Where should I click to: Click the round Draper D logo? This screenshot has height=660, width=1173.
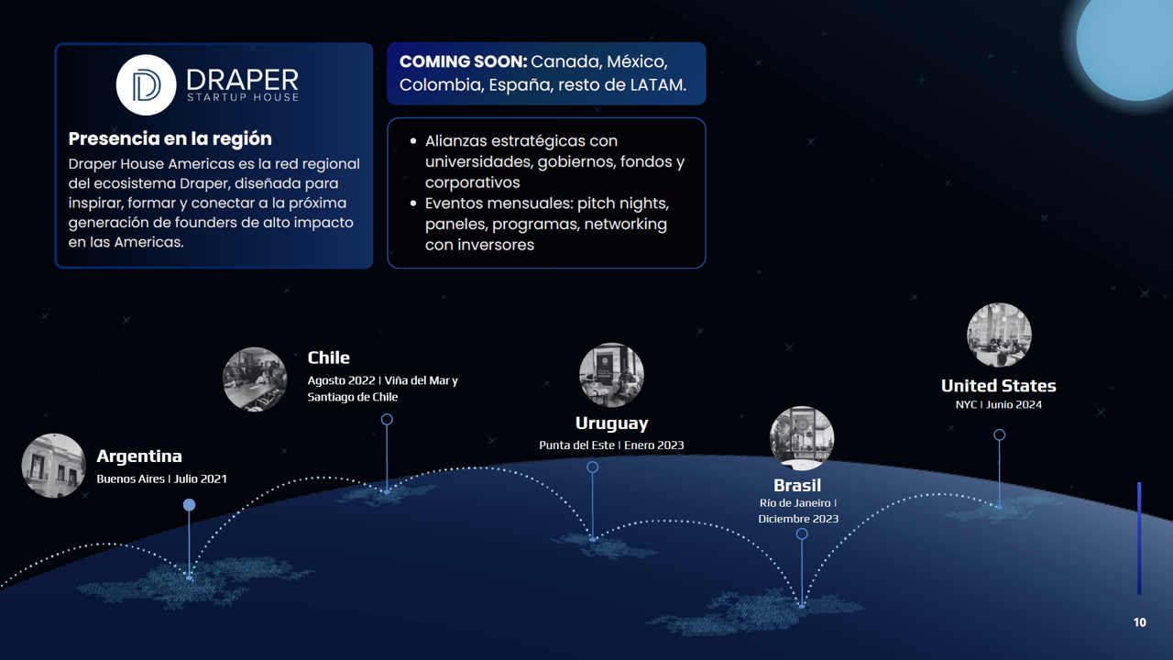coord(146,85)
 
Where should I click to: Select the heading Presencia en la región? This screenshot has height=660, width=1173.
coord(170,138)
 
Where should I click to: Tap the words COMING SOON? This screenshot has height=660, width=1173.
coord(463,61)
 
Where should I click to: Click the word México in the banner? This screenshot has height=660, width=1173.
coord(637,61)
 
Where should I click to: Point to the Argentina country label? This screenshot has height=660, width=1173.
coord(139,456)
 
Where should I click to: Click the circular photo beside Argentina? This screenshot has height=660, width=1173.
coord(53,465)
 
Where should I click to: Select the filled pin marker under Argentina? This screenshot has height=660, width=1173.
coord(189,504)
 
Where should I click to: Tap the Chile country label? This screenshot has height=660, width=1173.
coord(328,357)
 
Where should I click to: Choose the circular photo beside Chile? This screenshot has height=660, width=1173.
coord(255,379)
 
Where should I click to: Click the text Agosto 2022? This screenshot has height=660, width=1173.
coord(341,380)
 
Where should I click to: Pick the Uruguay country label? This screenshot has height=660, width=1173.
coord(611,423)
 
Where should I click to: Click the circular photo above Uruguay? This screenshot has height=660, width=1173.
coord(611,375)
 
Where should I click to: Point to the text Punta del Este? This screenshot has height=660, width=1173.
coord(576,445)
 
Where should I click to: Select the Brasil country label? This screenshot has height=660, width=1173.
coord(797,486)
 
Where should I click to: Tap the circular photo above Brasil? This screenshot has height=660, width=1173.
coord(802,438)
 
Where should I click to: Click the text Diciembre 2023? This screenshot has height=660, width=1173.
coord(798,519)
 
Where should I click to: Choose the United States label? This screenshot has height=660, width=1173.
coord(999,386)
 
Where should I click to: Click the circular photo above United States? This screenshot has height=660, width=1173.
coord(999,335)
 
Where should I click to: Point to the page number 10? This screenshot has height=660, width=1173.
coord(1139,622)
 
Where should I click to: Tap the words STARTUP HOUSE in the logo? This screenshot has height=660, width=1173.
coord(243,97)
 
